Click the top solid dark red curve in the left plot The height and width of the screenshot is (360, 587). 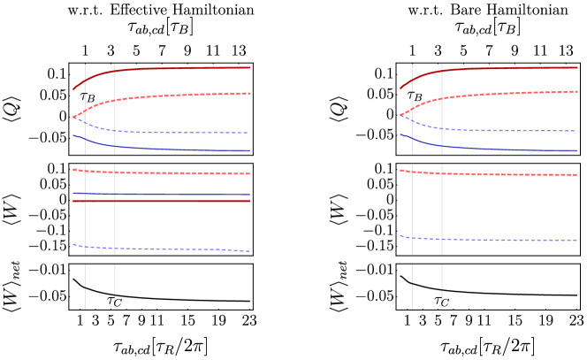(x=177, y=68)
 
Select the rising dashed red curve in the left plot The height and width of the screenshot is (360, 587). (x=177, y=95)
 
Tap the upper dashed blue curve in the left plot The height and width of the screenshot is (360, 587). (x=177, y=133)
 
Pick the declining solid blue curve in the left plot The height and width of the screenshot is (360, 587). (x=177, y=149)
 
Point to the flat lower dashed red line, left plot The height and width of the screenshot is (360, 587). (x=177, y=173)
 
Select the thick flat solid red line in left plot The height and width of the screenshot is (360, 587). (x=177, y=202)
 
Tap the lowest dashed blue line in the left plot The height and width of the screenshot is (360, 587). (x=177, y=249)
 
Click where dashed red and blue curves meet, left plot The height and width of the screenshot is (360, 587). (x=74, y=117)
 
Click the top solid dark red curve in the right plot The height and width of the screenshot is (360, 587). (x=504, y=68)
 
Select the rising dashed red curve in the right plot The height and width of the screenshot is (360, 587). (x=504, y=93)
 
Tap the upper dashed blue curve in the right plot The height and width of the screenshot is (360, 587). (x=504, y=131)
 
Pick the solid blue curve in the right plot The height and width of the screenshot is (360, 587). (x=504, y=149)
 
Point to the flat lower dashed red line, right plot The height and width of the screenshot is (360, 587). (x=504, y=174)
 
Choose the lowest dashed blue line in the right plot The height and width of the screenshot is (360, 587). (x=504, y=240)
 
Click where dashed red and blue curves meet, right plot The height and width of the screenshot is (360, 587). (x=401, y=115)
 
